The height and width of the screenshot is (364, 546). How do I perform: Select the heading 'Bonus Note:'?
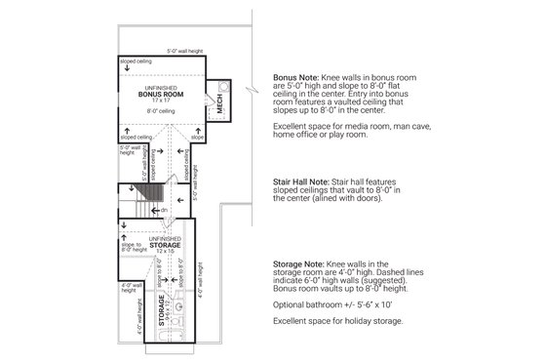click(x=297, y=75)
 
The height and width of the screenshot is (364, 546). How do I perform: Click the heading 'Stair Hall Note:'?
click(x=305, y=181)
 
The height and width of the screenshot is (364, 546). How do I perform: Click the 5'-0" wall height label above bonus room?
click(x=184, y=49)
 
